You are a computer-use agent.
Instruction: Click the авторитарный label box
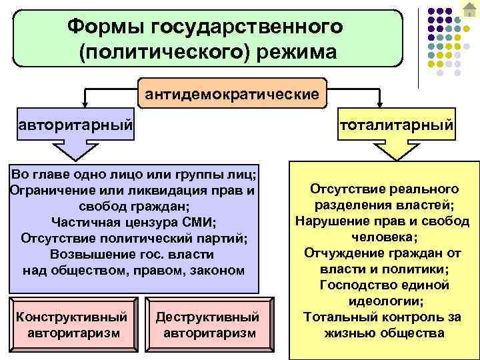click(76, 125)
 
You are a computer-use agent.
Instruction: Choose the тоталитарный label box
click(397, 125)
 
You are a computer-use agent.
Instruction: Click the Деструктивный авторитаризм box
click(207, 323)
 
